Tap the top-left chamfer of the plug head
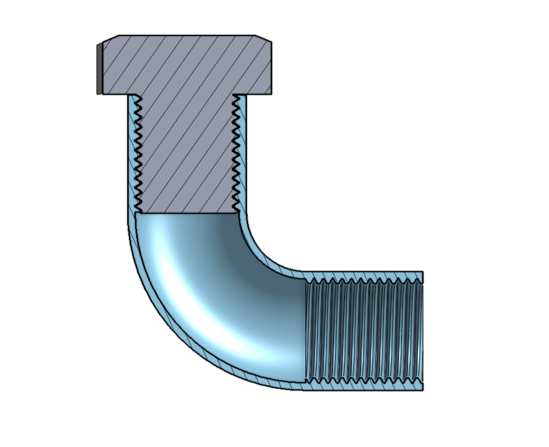[111, 38]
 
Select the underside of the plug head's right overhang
[256, 94]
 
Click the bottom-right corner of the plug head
[271, 94]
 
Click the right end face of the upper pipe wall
[423, 278]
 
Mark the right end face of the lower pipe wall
[423, 385]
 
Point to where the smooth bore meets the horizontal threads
[306, 330]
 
